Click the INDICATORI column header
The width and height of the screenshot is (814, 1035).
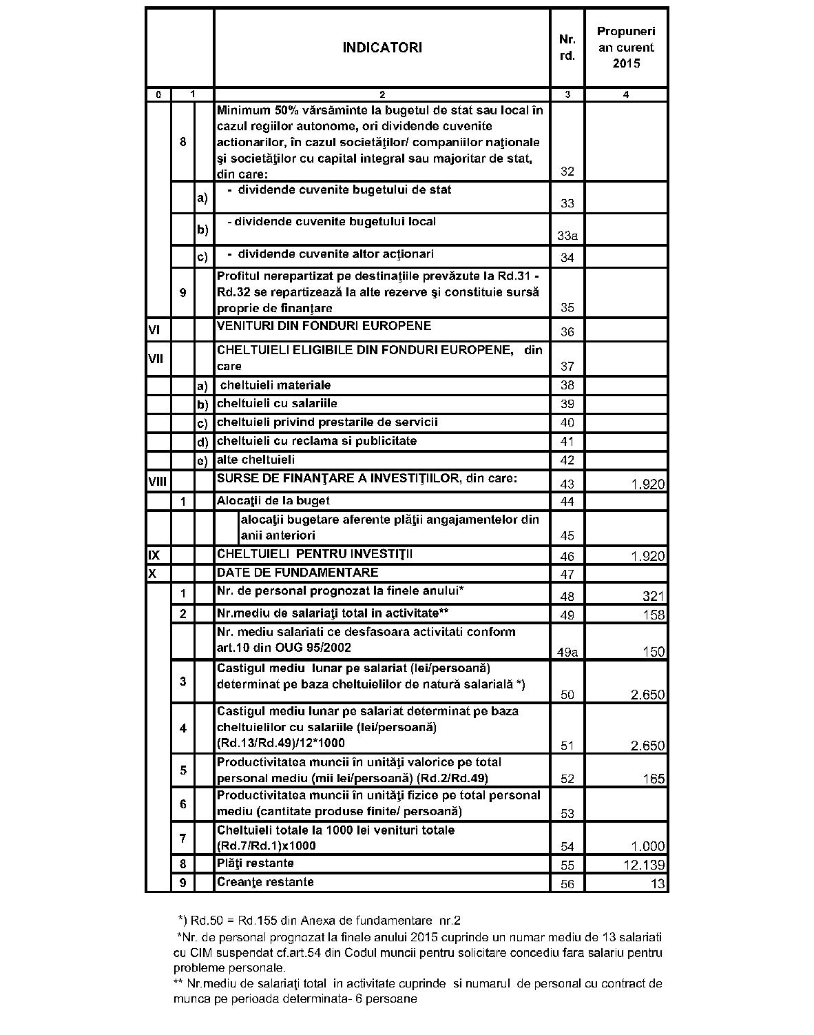tap(382, 48)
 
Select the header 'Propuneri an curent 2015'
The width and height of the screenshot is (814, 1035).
tap(626, 48)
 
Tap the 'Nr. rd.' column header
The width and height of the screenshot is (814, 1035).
tap(567, 48)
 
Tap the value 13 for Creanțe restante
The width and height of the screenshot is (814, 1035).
tap(658, 884)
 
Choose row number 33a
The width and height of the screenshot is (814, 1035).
tap(567, 236)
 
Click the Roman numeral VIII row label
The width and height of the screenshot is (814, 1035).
tap(157, 482)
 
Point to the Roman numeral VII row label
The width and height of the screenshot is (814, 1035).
tap(155, 359)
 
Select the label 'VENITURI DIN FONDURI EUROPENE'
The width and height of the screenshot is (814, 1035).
tap(324, 326)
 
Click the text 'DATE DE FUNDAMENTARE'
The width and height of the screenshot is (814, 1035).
tap(298, 573)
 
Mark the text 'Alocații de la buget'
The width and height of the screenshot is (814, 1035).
tap(273, 501)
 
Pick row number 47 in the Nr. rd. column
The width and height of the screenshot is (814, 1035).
tap(567, 574)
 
